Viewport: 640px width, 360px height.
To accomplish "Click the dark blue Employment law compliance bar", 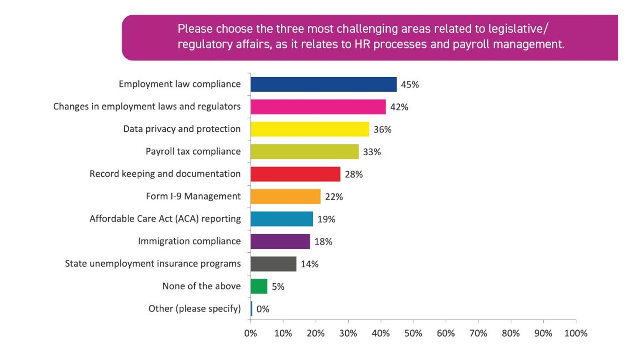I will click(323, 84).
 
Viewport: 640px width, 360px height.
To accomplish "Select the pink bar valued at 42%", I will click(318, 107).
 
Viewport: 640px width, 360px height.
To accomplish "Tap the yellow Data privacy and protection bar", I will click(309, 129).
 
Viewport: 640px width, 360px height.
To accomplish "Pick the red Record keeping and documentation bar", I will click(295, 174).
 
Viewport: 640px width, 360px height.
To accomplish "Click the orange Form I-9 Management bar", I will click(285, 197).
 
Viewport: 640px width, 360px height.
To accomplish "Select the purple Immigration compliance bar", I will click(280, 241).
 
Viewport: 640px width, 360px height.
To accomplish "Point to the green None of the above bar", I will click(259, 286).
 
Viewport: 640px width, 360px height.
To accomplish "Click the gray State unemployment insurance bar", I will click(273, 264).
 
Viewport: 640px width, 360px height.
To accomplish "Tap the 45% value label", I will click(410, 85).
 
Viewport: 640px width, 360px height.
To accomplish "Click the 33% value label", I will click(372, 152).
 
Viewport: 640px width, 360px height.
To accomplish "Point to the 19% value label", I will click(326, 219).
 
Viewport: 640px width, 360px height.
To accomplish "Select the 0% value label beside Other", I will click(263, 309).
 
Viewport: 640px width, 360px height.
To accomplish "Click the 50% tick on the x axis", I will click(413, 333).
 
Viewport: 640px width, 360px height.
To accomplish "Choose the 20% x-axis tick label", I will click(316, 333).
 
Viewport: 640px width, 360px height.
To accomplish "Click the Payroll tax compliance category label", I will click(193, 151).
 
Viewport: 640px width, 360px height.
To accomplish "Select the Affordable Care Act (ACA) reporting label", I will click(165, 219).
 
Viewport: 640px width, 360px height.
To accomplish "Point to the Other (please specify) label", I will click(194, 309).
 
